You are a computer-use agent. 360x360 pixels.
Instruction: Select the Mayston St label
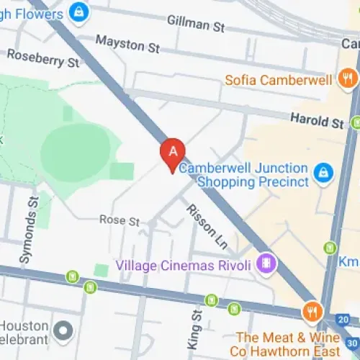127,45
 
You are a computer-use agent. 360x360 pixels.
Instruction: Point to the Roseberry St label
42,58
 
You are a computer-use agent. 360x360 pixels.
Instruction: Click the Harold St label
317,120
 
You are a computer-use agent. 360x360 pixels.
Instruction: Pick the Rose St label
119,220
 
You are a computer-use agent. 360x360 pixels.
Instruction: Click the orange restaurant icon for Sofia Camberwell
348,77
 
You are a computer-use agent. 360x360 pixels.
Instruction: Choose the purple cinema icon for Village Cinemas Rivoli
267,264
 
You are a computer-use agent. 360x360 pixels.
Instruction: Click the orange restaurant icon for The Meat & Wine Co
312,312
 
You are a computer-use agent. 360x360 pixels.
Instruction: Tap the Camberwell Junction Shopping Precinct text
245,175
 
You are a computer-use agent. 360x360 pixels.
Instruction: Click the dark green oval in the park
76,152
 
